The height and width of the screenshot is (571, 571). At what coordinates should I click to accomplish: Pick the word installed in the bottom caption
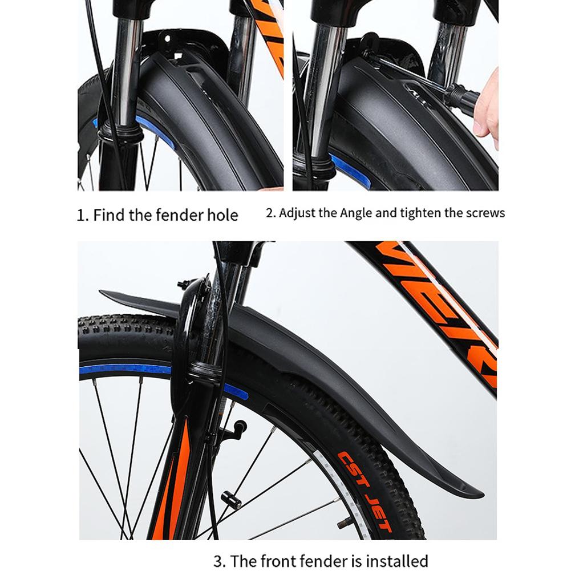[396, 561]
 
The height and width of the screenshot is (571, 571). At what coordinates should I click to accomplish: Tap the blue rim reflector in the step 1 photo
[155, 131]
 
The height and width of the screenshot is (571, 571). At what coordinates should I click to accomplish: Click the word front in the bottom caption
[293, 561]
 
